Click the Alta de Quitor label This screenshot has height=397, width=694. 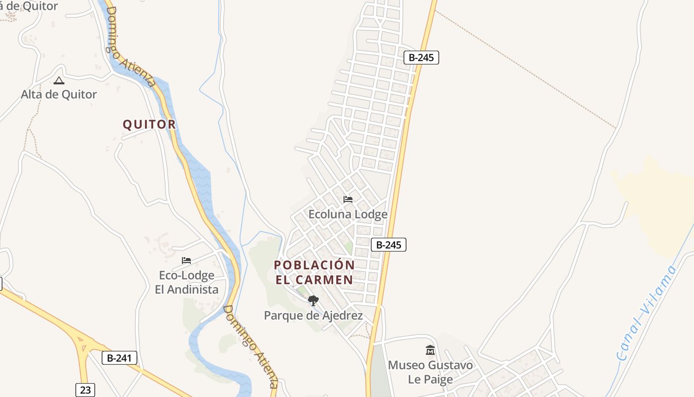coord(58,94)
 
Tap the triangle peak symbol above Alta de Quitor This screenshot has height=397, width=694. coord(59,80)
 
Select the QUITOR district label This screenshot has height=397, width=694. coord(149,124)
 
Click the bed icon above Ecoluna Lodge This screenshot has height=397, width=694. coord(348,199)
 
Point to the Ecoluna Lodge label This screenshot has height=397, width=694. coord(347,214)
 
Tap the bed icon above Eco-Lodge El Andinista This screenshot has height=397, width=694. coord(186,260)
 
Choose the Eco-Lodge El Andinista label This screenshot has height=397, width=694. coord(186,282)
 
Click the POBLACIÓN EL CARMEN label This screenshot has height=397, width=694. coord(314,272)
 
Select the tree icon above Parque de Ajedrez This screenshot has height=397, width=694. coord(313,300)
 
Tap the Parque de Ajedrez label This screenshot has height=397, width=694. coord(313,316)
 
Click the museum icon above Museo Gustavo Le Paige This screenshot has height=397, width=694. coord(430,350)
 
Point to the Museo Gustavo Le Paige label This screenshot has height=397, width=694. coord(430,372)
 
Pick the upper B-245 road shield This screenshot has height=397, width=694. coord(421,58)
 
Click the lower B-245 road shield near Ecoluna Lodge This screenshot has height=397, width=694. coord(389,244)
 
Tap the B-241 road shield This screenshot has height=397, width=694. coord(119,358)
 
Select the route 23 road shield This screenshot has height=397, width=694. coord(85,390)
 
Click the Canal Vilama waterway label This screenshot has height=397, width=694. coord(646,313)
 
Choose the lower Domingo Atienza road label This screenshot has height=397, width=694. coord(250,346)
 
